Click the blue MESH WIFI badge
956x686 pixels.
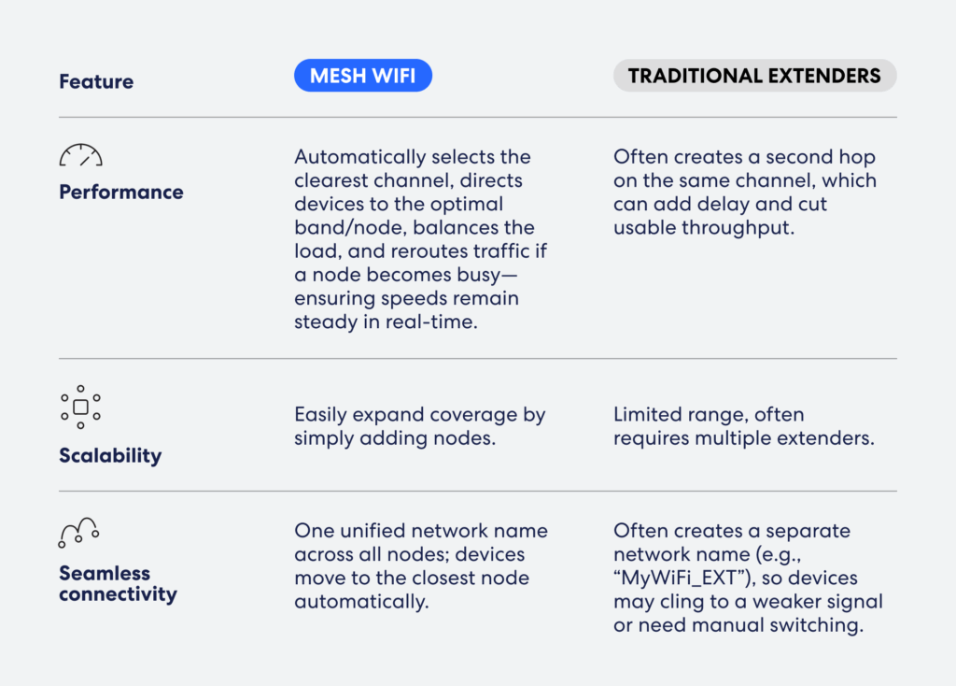[363, 76]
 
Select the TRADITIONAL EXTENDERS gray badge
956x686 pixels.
[754, 76]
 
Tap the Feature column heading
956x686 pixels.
[96, 81]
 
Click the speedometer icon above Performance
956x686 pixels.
[80, 155]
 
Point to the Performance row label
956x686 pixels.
[121, 193]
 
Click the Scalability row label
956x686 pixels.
[110, 456]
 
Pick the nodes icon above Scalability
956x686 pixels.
[80, 407]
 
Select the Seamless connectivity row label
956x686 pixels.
[119, 583]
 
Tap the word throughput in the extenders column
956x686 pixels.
[738, 228]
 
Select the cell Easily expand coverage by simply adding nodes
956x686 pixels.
[420, 426]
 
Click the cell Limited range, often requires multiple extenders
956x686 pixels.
[744, 426]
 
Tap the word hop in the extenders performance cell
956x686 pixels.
[857, 157]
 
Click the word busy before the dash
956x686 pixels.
[478, 276]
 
